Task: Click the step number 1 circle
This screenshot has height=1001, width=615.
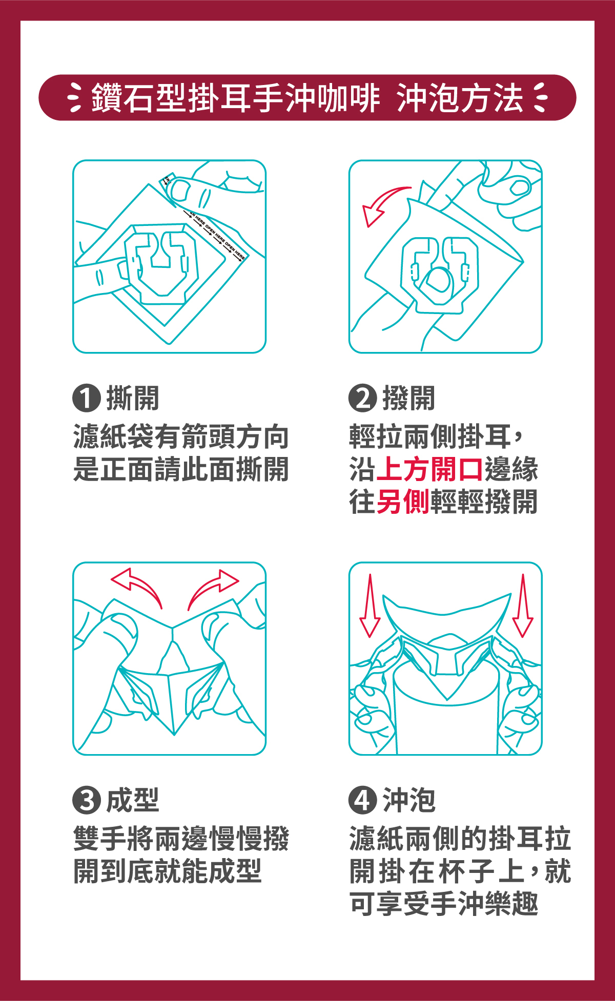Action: click(x=86, y=398)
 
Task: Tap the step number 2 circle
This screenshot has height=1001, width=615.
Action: click(x=362, y=398)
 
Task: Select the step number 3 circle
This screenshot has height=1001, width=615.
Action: click(x=86, y=800)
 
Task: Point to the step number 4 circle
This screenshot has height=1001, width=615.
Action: click(x=362, y=800)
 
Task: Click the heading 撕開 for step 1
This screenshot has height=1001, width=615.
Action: click(x=133, y=398)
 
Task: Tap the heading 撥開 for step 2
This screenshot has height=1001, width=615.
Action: click(x=409, y=398)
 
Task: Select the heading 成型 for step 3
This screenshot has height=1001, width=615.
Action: click(x=133, y=800)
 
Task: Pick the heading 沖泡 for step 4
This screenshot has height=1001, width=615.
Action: click(x=409, y=800)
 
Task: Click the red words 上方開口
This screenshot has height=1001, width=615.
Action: click(x=429, y=469)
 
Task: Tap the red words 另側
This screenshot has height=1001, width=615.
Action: click(x=403, y=502)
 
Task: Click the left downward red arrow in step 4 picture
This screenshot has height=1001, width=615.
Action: click(x=370, y=606)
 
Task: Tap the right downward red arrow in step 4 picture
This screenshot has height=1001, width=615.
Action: click(x=523, y=606)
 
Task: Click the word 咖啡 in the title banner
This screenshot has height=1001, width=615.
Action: click(x=348, y=98)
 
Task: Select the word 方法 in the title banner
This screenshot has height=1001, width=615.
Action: click(x=491, y=98)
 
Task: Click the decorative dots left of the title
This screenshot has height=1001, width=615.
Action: click(x=75, y=97)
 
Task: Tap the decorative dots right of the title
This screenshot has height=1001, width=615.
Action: click(x=540, y=97)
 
